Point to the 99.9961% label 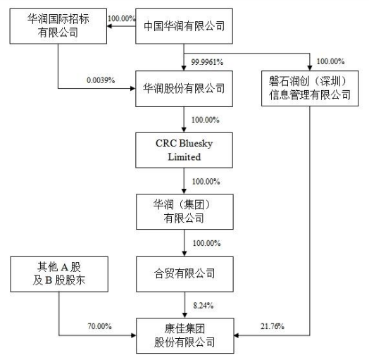point(207,62)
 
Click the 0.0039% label point(101,80)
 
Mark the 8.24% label point(204,305)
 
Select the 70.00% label point(99,326)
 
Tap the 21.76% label point(273,326)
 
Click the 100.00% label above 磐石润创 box point(330,61)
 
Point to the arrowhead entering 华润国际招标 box point(109,26)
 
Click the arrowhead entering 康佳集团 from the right point(237,335)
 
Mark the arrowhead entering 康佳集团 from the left point(134,335)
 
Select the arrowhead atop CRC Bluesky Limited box point(184,130)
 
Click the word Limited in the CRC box point(184,157)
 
